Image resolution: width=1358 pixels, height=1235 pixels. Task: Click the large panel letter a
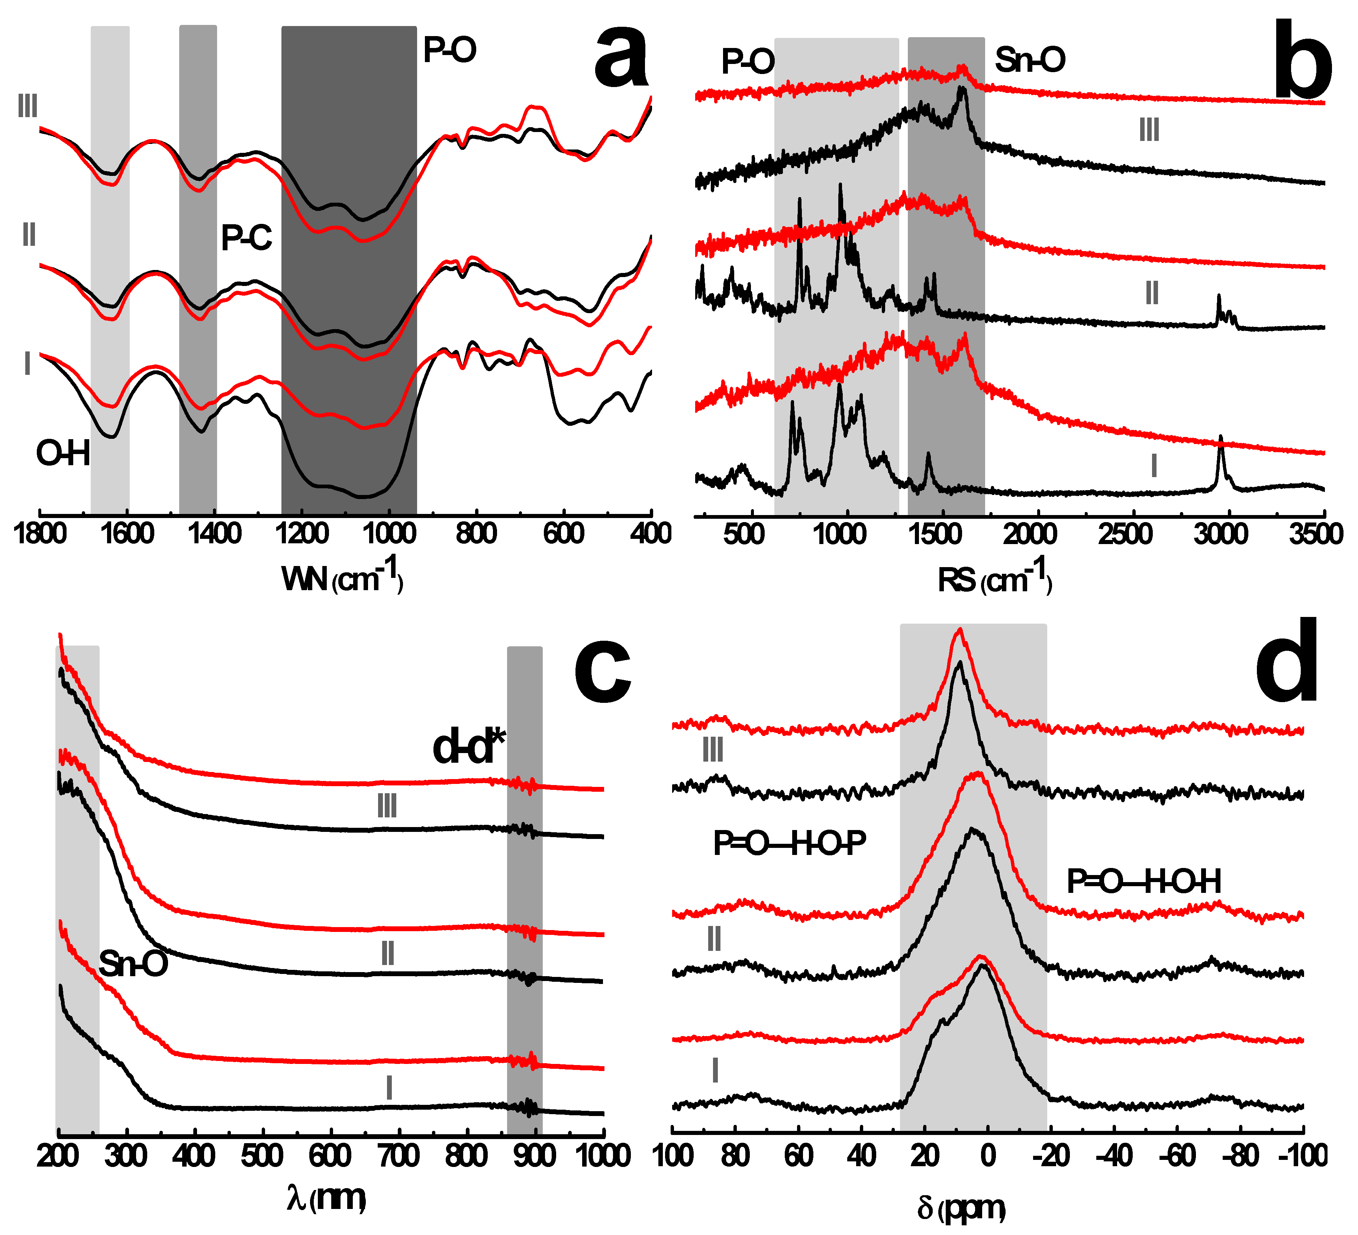point(621,57)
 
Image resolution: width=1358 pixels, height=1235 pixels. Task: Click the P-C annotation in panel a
point(246,238)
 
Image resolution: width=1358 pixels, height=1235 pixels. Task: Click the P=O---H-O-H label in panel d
point(1144,882)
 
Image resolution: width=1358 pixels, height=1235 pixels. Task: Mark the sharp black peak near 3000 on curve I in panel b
point(1220,439)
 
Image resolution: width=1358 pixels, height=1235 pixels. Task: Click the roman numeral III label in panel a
point(28,106)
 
